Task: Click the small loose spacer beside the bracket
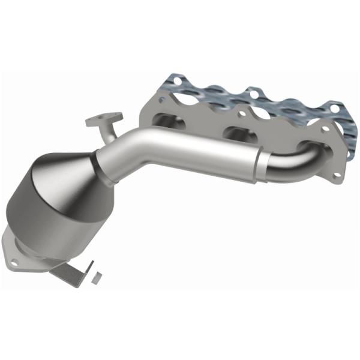[x=94, y=277]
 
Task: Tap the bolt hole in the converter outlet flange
[x=13, y=262]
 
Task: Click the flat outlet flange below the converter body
[x=21, y=252]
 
